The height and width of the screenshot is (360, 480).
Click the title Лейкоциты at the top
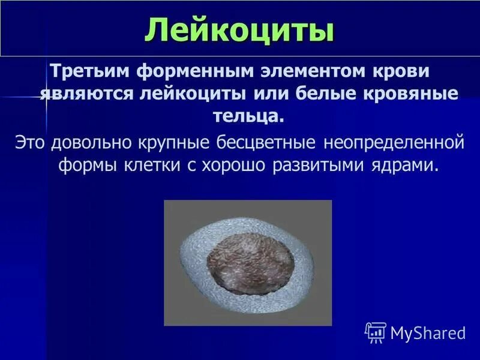tap(239, 31)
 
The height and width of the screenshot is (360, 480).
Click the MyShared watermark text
tap(428, 332)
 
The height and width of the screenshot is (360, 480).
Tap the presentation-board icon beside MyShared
tap(375, 332)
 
